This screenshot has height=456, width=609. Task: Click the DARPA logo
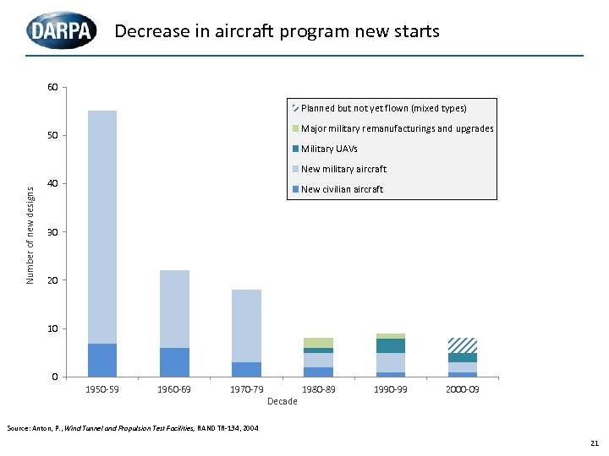tap(60, 31)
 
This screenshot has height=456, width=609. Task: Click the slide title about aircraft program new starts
tap(277, 32)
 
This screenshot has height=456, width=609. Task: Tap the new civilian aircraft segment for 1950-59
tap(101, 360)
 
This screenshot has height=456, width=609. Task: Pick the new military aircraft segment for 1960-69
tap(174, 309)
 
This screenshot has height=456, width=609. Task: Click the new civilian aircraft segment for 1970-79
tap(246, 369)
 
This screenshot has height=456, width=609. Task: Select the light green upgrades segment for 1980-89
tap(318, 342)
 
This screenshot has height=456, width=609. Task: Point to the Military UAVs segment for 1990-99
tap(390, 345)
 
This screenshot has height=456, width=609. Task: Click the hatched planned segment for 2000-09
tap(462, 345)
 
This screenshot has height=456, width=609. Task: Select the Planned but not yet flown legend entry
tap(378, 108)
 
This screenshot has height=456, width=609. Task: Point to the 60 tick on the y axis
tap(52, 87)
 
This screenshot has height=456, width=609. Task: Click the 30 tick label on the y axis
tap(52, 231)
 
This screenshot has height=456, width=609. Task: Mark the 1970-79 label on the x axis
tap(246, 389)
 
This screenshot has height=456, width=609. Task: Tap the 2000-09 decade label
tap(462, 389)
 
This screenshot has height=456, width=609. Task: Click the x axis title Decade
tap(282, 401)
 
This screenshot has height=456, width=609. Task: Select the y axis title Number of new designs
tap(31, 235)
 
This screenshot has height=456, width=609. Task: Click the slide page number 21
tap(594, 442)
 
